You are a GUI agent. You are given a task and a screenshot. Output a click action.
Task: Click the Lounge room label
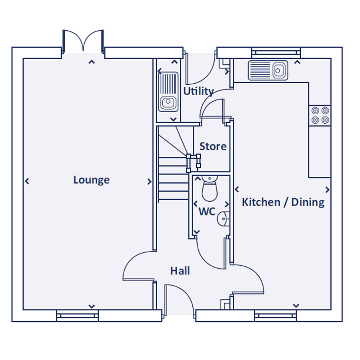(91, 180)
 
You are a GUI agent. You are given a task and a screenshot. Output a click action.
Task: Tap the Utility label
(198, 91)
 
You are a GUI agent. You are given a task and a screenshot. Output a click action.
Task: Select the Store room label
(213, 146)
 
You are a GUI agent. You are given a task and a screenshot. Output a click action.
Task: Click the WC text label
(207, 212)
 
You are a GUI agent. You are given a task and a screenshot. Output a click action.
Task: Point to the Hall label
(180, 271)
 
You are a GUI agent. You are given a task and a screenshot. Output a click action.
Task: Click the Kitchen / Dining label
(283, 202)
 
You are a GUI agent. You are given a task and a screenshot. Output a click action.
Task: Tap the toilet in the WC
(208, 189)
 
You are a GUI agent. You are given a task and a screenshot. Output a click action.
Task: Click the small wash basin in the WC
(223, 218)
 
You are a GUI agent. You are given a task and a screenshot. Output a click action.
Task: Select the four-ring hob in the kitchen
(320, 115)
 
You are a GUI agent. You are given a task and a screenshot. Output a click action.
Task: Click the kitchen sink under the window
(268, 70)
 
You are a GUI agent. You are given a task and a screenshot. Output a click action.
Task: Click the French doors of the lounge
(83, 41)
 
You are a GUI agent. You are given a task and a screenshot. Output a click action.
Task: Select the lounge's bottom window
(78, 316)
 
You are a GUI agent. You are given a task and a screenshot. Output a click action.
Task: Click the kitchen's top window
(276, 52)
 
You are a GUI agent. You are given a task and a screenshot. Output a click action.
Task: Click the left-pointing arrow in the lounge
(27, 182)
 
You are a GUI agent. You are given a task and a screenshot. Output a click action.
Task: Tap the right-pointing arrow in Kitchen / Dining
(327, 190)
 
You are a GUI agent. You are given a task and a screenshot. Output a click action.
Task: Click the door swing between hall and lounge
(138, 266)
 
